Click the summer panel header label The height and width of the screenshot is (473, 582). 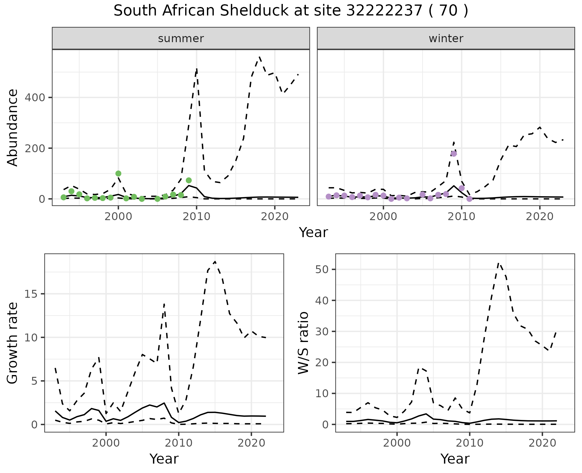coord(181,39)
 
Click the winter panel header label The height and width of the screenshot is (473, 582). coord(446,39)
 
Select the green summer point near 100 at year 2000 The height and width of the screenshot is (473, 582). coord(118,173)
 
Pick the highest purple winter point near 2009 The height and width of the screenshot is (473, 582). coord(454,154)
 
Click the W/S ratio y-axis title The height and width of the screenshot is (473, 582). coord(303,343)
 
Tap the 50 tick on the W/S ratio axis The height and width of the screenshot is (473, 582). coord(322,270)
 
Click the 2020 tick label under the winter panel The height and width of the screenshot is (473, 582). coord(540,216)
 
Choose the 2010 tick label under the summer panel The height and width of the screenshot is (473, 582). coord(196,216)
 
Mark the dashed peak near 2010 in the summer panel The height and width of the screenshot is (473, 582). coord(197,69)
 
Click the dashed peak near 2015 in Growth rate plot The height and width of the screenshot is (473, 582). coord(215,261)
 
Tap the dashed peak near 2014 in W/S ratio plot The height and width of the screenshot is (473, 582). coord(499,263)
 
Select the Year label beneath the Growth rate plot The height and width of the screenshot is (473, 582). coord(164,459)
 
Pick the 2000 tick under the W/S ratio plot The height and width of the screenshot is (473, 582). coord(397,443)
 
